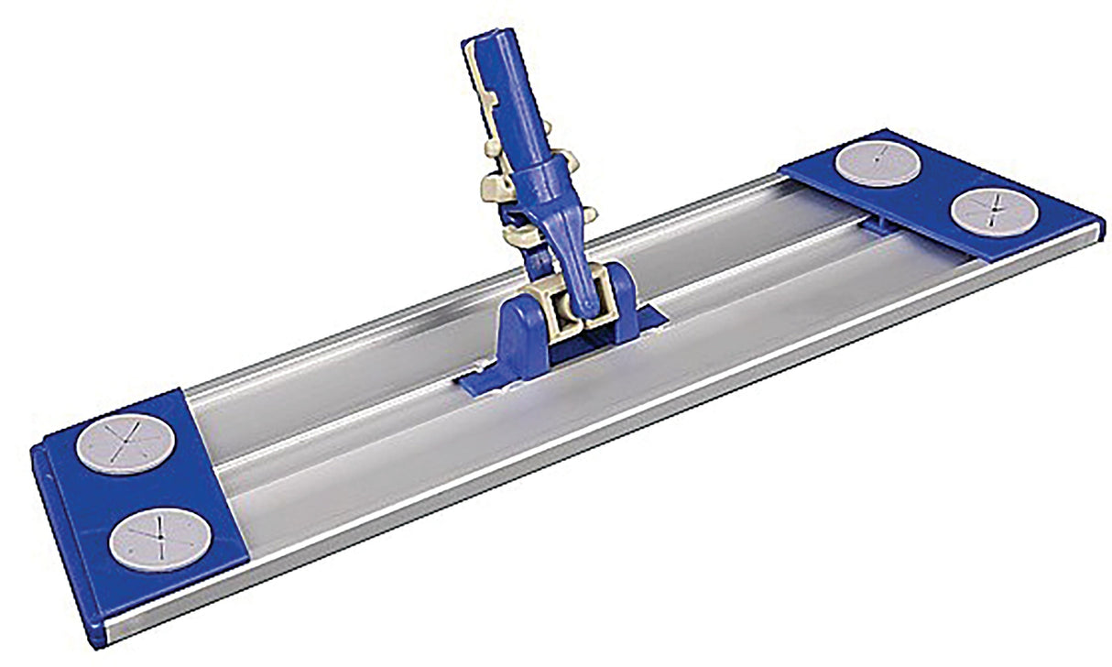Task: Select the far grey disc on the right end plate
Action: (878, 164)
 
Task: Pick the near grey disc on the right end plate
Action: (993, 213)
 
